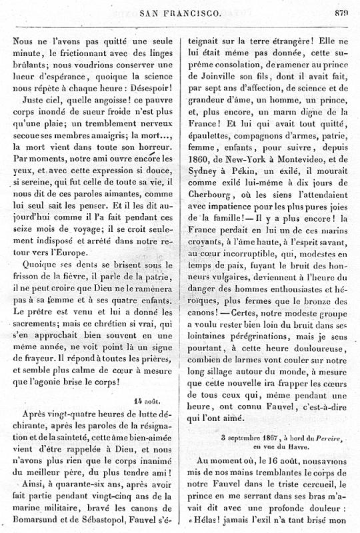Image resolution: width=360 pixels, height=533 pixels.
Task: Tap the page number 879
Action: pyautogui.click(x=343, y=11)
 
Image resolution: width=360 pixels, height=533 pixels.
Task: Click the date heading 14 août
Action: pyautogui.click(x=147, y=401)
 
